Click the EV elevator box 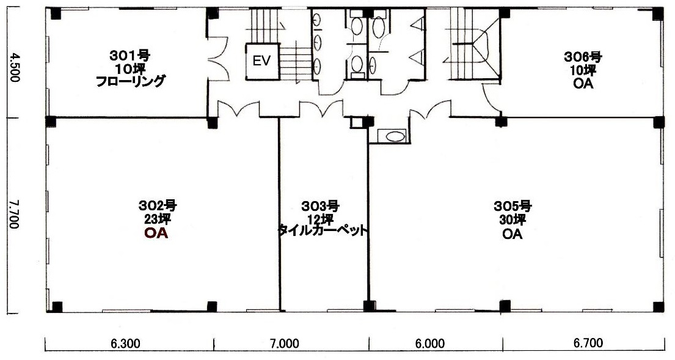[x=261, y=61]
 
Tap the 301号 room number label [x=129, y=56]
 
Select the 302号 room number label [x=158, y=205]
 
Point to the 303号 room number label [x=320, y=205]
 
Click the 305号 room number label [x=513, y=206]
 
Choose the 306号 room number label [x=583, y=56]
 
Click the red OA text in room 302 [x=156, y=233]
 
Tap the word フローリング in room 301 [x=130, y=81]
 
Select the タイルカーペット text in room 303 [x=323, y=230]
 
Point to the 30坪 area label [x=513, y=220]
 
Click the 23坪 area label [x=158, y=219]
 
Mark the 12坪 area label [x=320, y=219]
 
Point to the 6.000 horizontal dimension [x=431, y=343]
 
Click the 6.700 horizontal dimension [x=588, y=343]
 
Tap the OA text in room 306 [x=583, y=84]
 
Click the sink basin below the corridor [x=395, y=136]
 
